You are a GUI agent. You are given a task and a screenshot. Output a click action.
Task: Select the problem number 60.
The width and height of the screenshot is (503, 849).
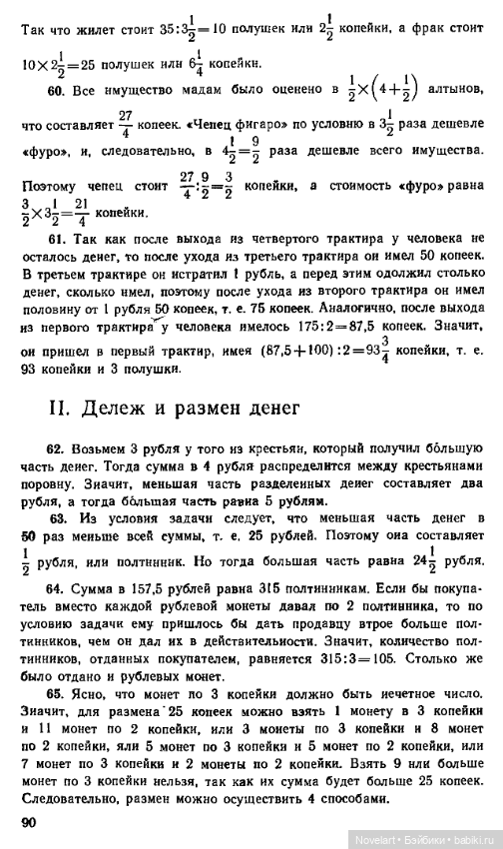pos(57,92)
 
